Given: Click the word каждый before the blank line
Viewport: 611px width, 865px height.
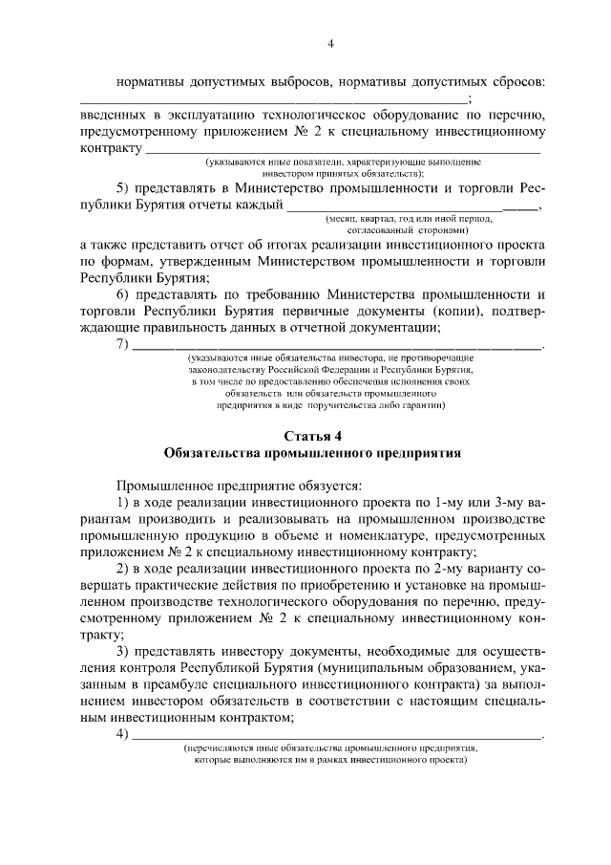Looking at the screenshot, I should pyautogui.click(x=259, y=205).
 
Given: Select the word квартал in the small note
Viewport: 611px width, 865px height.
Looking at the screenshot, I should pyautogui.click(x=376, y=220).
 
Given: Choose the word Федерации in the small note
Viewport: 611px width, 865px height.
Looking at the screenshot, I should pyautogui.click(x=370, y=368).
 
